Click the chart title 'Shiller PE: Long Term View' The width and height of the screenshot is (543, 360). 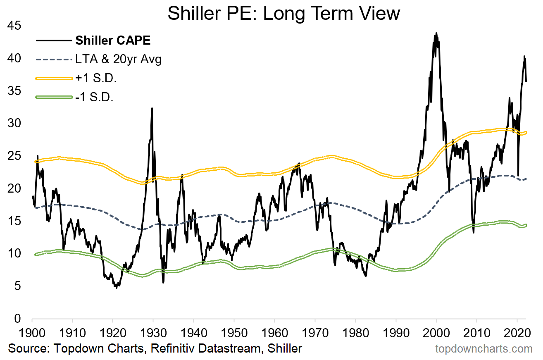pyautogui.click(x=283, y=13)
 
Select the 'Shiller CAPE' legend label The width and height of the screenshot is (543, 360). pyautogui.click(x=112, y=41)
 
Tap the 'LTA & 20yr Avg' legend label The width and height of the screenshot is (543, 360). pyautogui.click(x=118, y=60)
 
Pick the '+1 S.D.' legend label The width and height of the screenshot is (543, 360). pyautogui.click(x=95, y=79)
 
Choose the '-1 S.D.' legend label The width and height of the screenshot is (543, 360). pyautogui.click(x=94, y=98)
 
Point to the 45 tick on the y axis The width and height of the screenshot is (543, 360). pyautogui.click(x=15, y=26)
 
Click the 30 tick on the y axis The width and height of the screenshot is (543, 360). pyautogui.click(x=15, y=124)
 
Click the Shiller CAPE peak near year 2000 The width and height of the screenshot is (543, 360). pyautogui.click(x=436, y=33)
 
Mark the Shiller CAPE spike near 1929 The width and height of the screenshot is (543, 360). pyautogui.click(x=152, y=108)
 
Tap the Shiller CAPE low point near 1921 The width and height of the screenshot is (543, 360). pyautogui.click(x=117, y=287)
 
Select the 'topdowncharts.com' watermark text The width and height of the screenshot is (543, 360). pyautogui.click(x=484, y=349)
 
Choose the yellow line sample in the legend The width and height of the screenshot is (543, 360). pyautogui.click(x=54, y=79)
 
